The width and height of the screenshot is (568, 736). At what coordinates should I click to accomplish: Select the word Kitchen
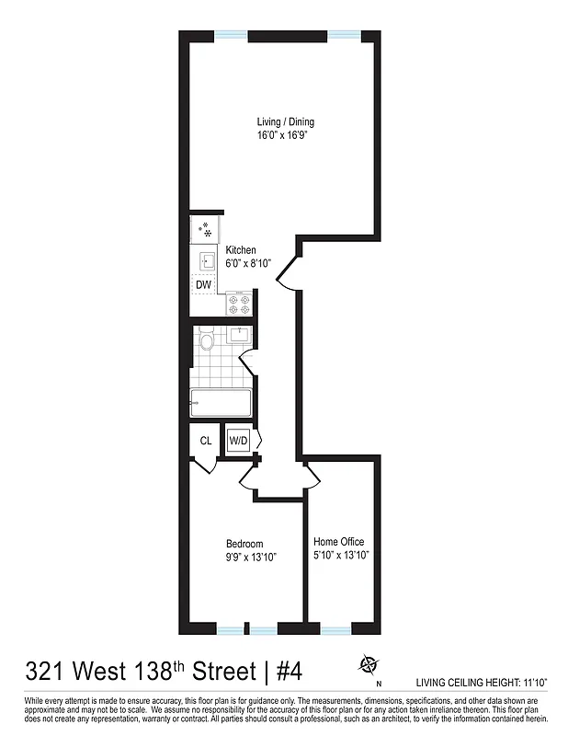pos(241,250)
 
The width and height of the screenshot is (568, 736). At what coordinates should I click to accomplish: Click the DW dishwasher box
pos(204,284)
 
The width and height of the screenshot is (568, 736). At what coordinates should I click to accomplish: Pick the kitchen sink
pos(206,259)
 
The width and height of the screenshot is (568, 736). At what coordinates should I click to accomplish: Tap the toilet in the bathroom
pos(207,343)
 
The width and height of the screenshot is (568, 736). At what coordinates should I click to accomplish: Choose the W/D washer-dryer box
pos(239,441)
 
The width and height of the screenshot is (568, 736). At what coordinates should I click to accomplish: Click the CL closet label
pos(206,441)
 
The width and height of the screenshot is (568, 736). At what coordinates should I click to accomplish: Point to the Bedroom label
pos(245,544)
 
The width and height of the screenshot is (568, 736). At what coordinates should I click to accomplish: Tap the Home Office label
pos(339,541)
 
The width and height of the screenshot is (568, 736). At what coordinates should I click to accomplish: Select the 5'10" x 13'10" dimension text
pos(341,555)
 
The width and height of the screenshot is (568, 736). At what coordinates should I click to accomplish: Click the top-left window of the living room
pos(232,36)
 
